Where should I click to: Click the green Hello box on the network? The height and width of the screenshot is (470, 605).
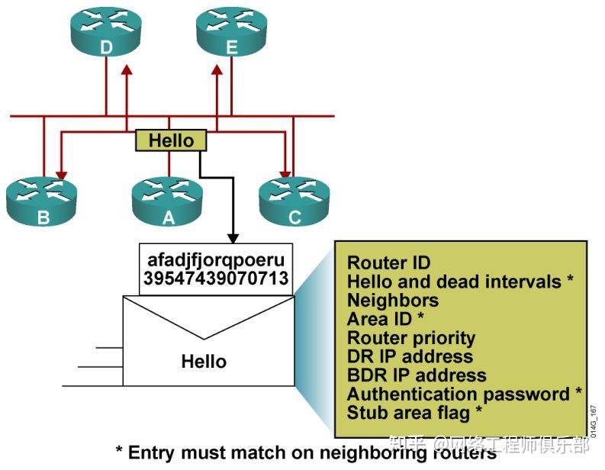click(171, 140)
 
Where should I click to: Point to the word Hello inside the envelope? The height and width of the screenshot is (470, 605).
click(204, 361)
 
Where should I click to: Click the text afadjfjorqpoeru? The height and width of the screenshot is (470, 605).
click(215, 259)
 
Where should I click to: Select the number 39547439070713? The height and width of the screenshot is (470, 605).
click(215, 278)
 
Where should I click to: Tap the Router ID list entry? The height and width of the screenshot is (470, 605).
click(388, 263)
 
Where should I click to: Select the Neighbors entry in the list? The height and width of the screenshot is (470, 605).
click(393, 301)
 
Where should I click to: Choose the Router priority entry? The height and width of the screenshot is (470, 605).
click(411, 338)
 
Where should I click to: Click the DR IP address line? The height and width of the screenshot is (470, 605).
click(410, 356)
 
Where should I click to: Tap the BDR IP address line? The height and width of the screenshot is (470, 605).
click(417, 375)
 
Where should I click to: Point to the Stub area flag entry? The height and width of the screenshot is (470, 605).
click(414, 413)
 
